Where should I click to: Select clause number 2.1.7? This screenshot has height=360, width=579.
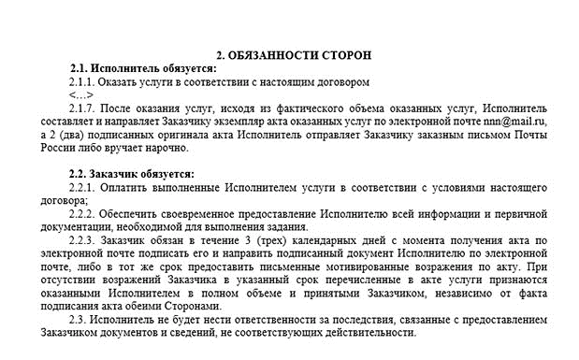click(x=85, y=108)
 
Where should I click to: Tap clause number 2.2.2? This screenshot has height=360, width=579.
click(x=85, y=214)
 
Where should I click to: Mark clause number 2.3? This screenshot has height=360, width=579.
click(x=80, y=320)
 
